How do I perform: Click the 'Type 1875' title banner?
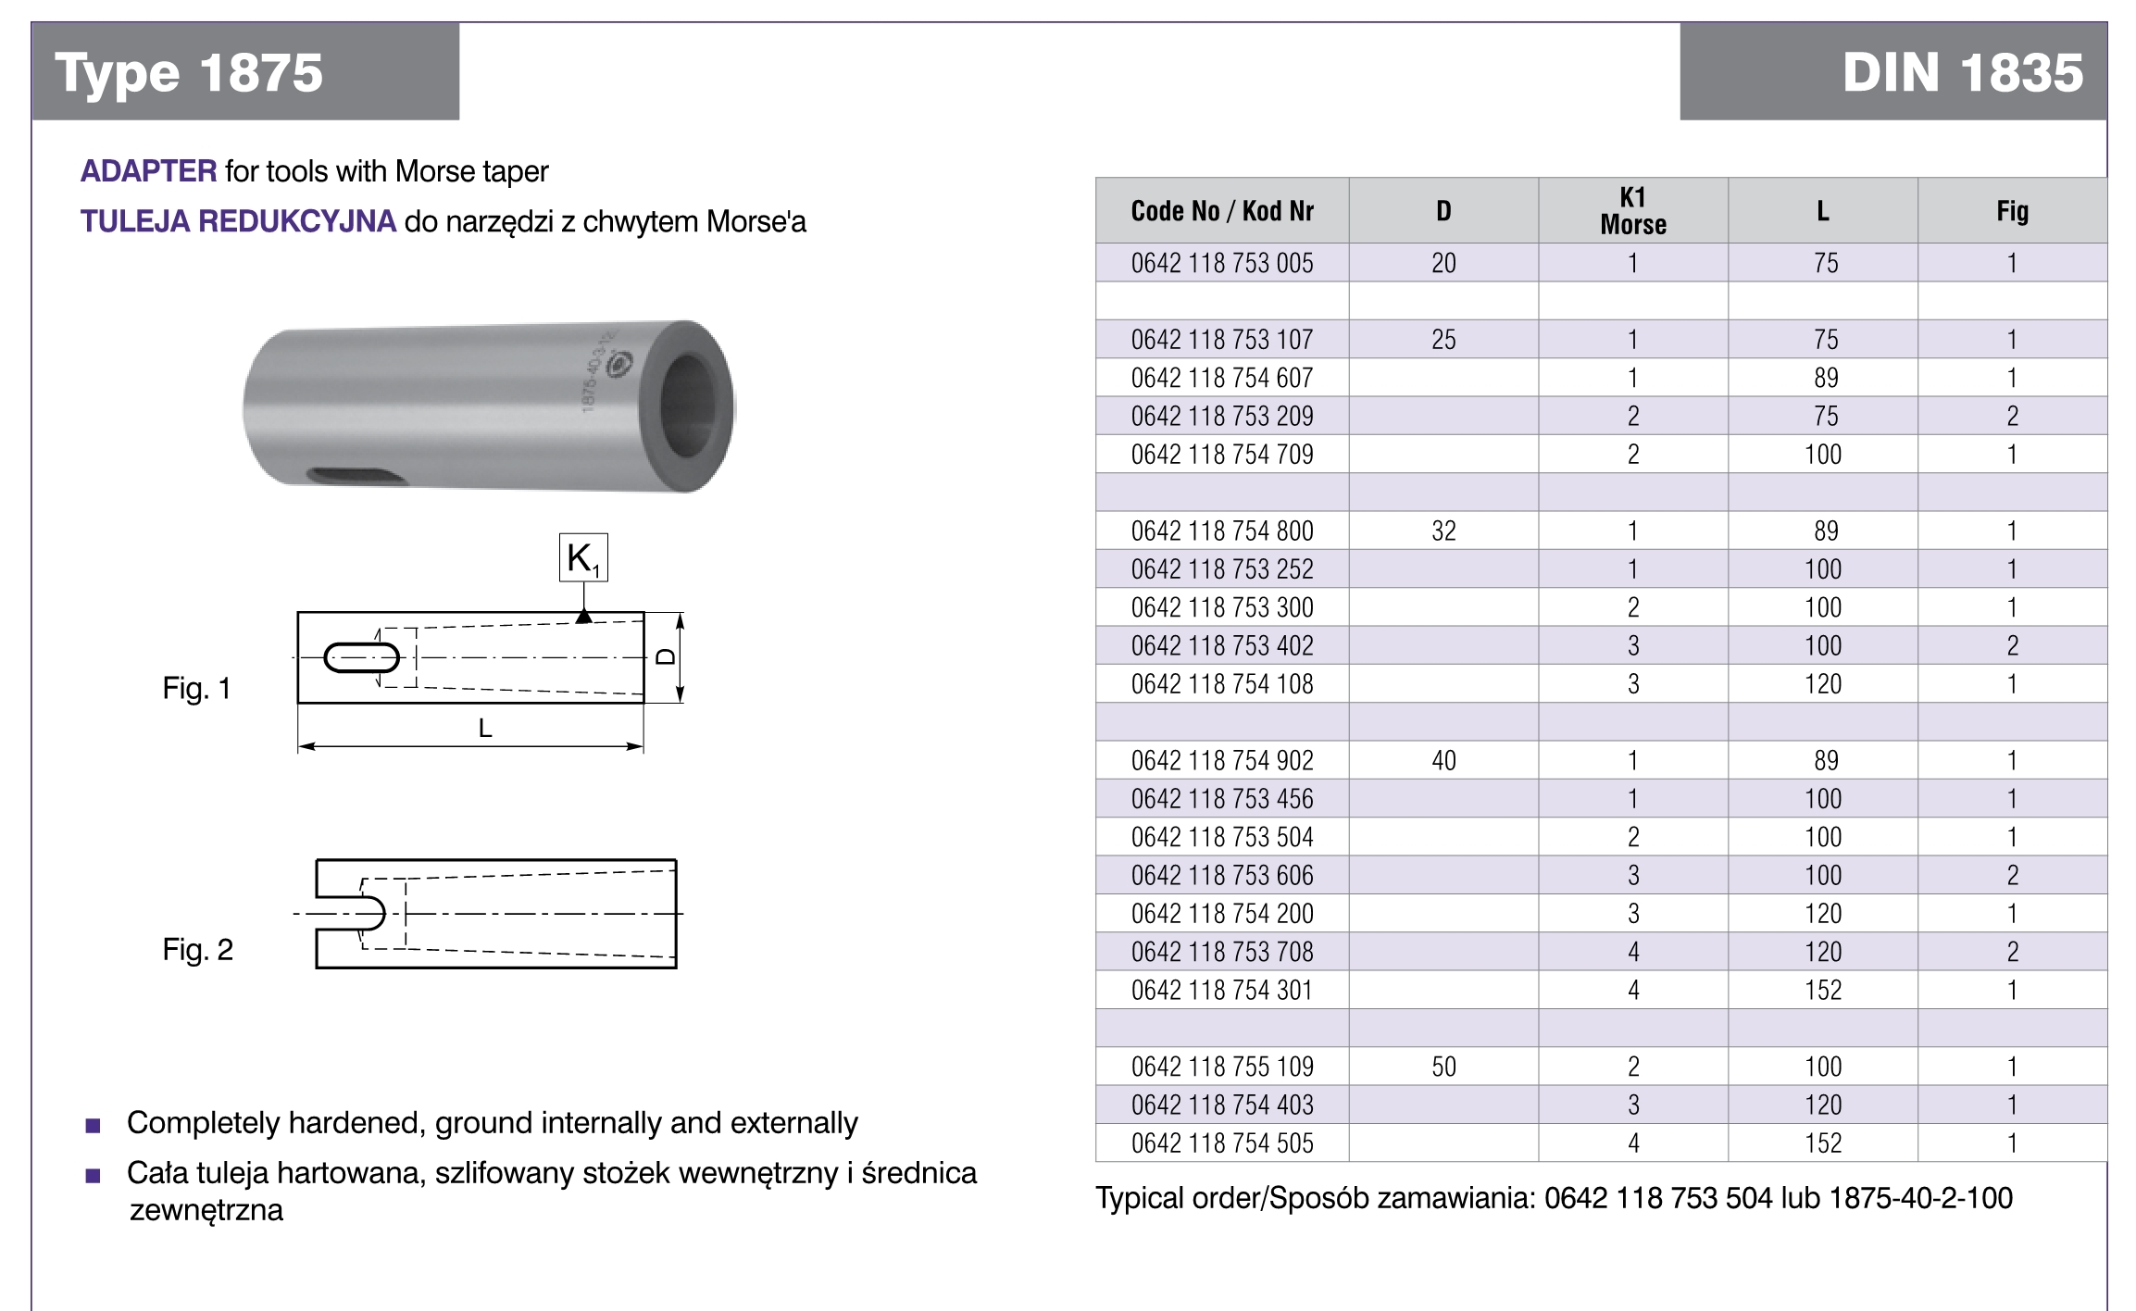point(189,73)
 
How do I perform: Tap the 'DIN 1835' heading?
point(1962,73)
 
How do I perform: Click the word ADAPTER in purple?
point(148,171)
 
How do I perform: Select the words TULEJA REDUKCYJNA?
point(238,221)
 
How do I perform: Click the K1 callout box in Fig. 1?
point(583,558)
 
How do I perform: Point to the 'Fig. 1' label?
point(196,688)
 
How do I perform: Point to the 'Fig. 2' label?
point(197,949)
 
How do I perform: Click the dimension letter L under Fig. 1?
point(485,729)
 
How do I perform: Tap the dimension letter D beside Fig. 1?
point(666,656)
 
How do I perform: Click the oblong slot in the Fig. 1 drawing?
point(361,657)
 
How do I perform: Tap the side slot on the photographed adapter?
point(356,476)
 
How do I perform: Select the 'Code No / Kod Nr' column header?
point(1222,211)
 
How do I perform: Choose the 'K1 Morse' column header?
point(1633,211)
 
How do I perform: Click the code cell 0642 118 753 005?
point(1222,263)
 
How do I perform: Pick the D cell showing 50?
point(1443,1067)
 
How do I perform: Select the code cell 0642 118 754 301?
point(1222,990)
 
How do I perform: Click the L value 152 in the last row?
point(1823,1143)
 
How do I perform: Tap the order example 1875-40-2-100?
point(1920,1198)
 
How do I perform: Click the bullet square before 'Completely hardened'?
point(93,1126)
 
